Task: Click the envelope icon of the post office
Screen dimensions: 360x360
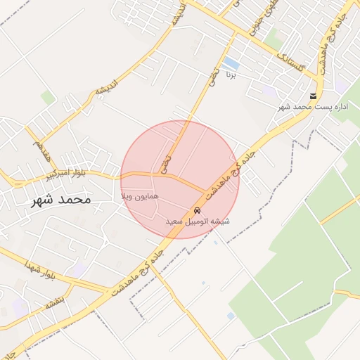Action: click(x=313, y=96)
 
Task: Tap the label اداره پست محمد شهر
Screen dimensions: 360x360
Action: click(x=313, y=106)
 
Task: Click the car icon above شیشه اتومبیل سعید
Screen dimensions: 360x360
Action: click(x=197, y=211)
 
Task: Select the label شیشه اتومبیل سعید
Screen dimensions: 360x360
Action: click(x=198, y=221)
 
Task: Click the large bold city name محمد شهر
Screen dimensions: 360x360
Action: click(x=62, y=200)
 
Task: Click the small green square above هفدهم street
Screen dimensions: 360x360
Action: click(x=47, y=97)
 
